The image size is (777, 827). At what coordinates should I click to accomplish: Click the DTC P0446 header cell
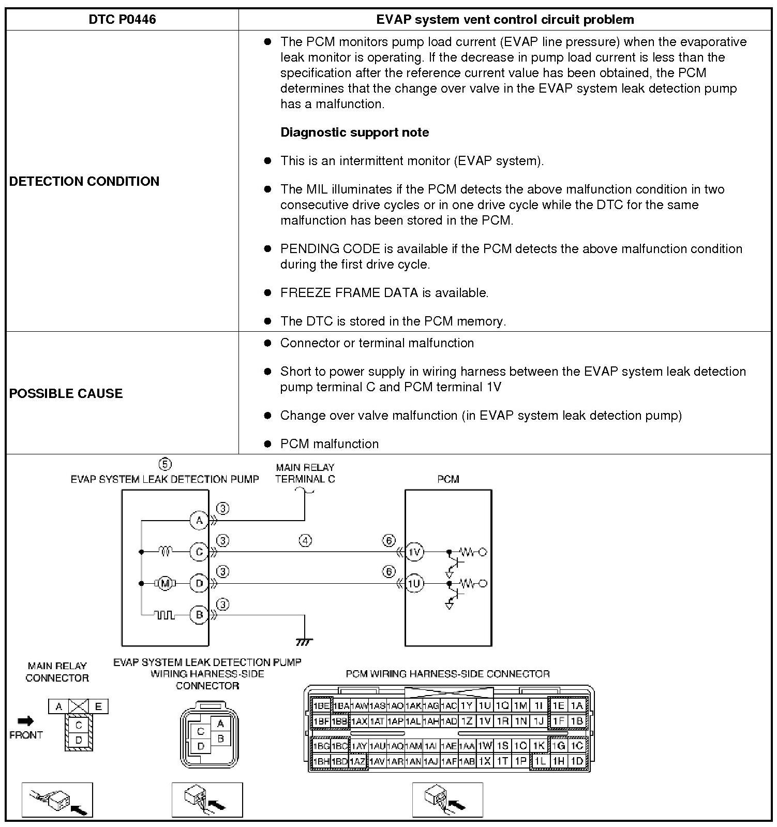(x=122, y=20)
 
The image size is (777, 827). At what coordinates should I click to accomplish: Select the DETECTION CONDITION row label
(x=84, y=181)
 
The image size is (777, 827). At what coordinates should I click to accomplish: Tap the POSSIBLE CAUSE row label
(x=66, y=393)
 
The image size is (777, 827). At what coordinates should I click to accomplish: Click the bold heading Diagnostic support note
(x=354, y=132)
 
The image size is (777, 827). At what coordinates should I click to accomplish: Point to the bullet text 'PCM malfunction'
(x=329, y=444)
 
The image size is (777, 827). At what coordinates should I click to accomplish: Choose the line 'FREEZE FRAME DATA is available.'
(x=384, y=293)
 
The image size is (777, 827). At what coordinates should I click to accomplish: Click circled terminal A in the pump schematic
(x=199, y=520)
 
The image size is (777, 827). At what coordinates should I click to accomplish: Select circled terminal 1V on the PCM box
(x=414, y=552)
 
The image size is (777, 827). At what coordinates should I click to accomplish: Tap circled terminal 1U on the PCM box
(x=414, y=584)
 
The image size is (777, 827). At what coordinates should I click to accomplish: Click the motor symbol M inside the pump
(x=165, y=584)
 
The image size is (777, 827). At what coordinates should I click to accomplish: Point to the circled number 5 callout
(x=165, y=464)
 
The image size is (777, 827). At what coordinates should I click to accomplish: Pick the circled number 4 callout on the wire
(x=306, y=541)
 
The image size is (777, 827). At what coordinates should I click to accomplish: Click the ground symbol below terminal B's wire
(x=304, y=642)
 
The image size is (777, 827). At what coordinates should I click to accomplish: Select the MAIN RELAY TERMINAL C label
(x=305, y=473)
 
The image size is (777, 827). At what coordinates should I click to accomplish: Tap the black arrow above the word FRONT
(x=25, y=721)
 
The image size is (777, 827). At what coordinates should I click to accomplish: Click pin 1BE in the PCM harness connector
(x=321, y=705)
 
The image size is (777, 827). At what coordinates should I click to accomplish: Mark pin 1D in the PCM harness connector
(x=577, y=761)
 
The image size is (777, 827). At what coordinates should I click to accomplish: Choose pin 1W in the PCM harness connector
(x=485, y=746)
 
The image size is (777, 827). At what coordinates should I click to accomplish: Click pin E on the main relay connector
(x=98, y=706)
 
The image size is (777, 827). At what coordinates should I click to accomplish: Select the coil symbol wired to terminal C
(x=165, y=552)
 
